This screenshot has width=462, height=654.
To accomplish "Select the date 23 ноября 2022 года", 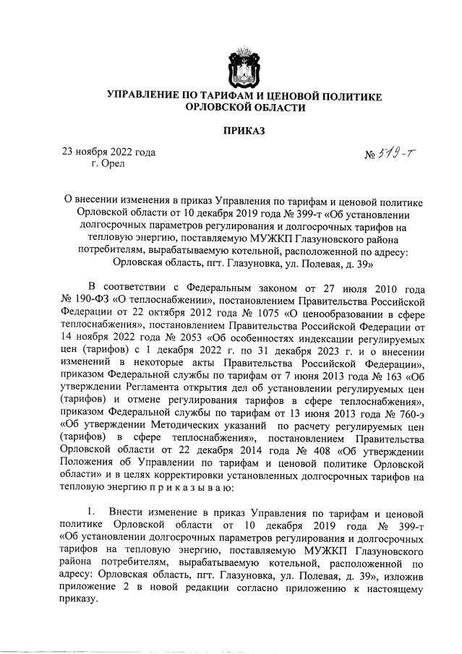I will coord(108,152).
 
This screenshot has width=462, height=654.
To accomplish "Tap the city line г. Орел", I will coord(108,164).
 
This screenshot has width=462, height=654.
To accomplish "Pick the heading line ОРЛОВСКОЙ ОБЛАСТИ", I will coord(244,108).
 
